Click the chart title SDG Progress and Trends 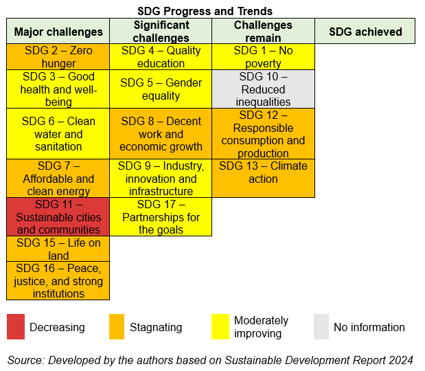click(x=205, y=12)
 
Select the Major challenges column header click(x=58, y=31)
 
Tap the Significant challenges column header click(x=161, y=31)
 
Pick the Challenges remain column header click(x=263, y=31)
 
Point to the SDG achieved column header click(x=365, y=31)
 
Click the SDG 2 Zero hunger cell click(x=58, y=56)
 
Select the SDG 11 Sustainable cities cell click(x=58, y=217)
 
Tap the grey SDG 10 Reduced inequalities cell click(x=263, y=89)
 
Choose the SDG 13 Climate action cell click(x=263, y=179)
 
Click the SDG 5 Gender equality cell click(x=161, y=89)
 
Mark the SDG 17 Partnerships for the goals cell click(x=161, y=217)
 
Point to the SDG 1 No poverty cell click(x=263, y=56)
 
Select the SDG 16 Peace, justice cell click(x=58, y=281)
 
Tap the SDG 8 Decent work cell click(x=161, y=134)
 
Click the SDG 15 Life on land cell click(x=58, y=249)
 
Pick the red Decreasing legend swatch click(x=16, y=327)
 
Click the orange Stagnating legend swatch click(x=117, y=327)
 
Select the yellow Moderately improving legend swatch click(x=220, y=327)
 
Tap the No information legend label click(x=369, y=327)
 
